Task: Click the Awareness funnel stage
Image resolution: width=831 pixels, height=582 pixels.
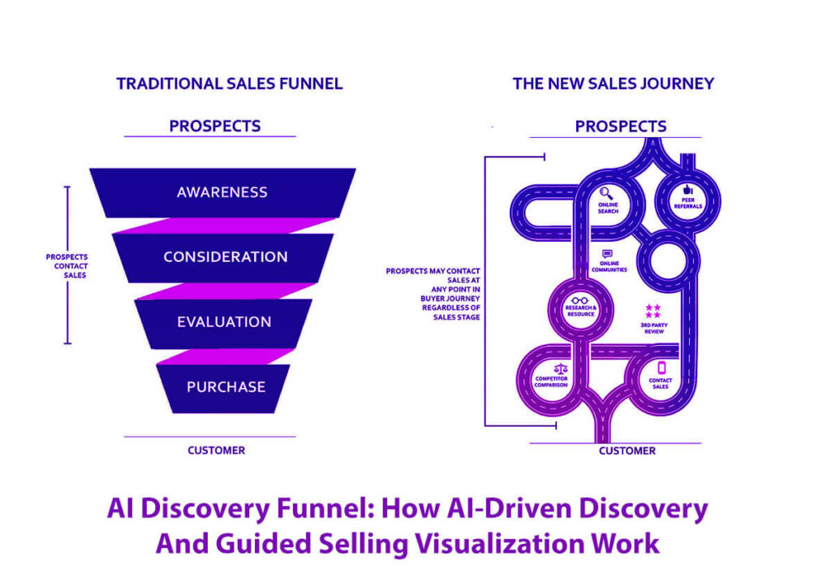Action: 222,192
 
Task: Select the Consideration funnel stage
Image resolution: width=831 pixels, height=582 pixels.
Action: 225,257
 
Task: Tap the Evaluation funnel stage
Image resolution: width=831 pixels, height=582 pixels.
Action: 224,321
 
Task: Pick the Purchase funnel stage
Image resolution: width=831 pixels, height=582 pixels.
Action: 226,386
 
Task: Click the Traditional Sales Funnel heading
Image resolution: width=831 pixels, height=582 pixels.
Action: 229,84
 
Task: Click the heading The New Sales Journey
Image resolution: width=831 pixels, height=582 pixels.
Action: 613,84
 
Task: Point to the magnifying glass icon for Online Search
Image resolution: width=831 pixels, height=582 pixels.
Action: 606,192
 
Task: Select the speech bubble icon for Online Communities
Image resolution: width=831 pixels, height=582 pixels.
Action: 607,254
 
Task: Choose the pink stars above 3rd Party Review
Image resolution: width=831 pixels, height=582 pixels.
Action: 653,311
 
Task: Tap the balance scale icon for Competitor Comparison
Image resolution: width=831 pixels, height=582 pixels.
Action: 550,369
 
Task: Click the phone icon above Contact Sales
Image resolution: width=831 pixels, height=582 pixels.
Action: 661,368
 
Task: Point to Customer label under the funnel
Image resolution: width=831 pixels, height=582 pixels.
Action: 216,450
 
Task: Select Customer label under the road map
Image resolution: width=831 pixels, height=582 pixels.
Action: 627,451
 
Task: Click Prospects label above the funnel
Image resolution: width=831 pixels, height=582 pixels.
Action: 215,126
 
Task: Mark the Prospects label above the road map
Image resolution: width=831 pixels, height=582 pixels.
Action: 621,127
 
